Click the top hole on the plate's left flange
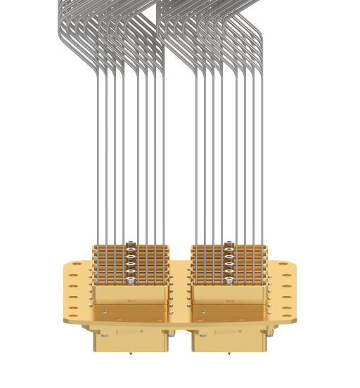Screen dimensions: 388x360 click(x=72, y=267)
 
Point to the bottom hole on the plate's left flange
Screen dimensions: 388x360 click(x=72, y=314)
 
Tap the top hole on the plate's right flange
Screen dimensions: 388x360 click(x=289, y=267)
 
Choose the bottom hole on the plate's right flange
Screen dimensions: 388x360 click(x=289, y=314)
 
